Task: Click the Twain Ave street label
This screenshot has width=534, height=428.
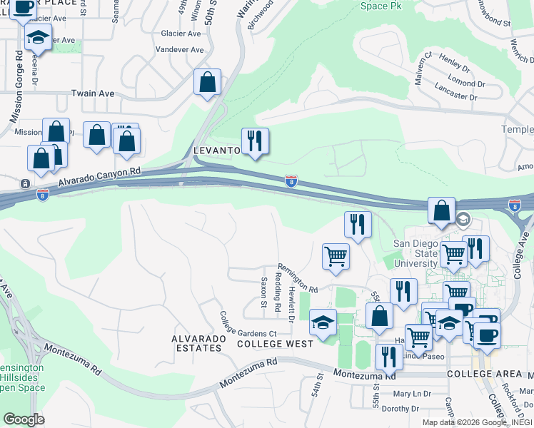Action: (94, 93)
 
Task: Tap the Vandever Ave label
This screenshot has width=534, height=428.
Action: (180, 50)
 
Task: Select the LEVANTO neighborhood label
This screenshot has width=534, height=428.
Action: (216, 151)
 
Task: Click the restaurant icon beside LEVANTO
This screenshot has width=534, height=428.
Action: (255, 141)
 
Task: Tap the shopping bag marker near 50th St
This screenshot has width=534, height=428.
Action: (207, 81)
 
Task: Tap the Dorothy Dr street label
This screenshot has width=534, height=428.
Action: (400, 409)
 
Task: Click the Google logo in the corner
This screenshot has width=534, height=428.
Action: (24, 419)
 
